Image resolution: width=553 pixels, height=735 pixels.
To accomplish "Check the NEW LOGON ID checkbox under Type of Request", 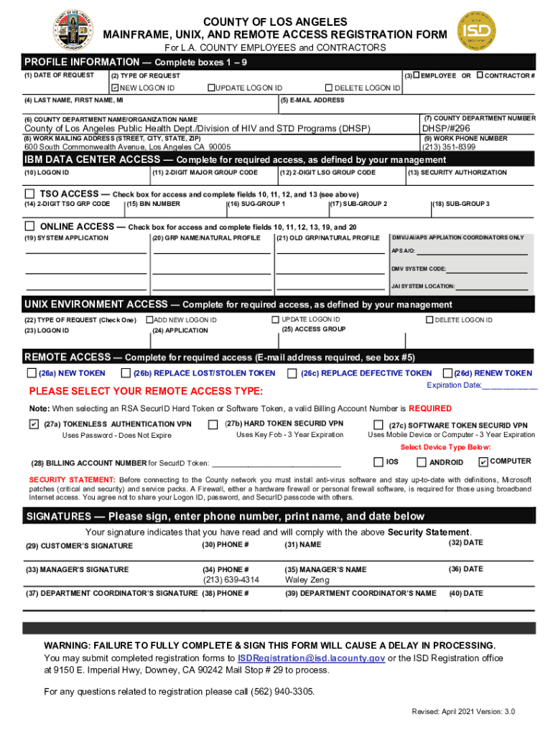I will point(113,88).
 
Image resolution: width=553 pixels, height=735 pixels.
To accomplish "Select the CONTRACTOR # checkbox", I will point(480,75).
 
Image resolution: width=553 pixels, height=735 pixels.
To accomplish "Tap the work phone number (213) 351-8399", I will point(449,146).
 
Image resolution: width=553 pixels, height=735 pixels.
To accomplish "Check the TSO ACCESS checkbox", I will point(30,194).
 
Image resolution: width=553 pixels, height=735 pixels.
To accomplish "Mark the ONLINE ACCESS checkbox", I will point(30,226).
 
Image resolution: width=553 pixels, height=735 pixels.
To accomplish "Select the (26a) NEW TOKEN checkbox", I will point(32,373).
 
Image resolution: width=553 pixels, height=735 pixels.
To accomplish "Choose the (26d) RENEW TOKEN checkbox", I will point(447,373).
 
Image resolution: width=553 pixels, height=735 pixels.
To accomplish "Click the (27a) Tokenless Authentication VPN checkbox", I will point(33,424).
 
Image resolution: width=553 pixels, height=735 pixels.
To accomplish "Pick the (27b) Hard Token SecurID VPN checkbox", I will point(213,424).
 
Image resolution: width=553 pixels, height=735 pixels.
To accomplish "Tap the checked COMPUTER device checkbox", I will point(483,462).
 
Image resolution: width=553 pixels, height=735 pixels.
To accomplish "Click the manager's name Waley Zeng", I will point(307,580).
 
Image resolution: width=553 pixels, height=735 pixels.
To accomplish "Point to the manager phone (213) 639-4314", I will point(231,580).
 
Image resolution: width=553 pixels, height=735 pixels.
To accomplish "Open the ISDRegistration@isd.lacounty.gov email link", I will point(312,658).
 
